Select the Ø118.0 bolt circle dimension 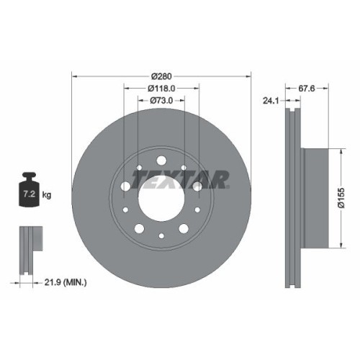(x=162, y=89)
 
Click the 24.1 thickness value (x=271, y=102)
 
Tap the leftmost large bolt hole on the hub (x=126, y=186)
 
